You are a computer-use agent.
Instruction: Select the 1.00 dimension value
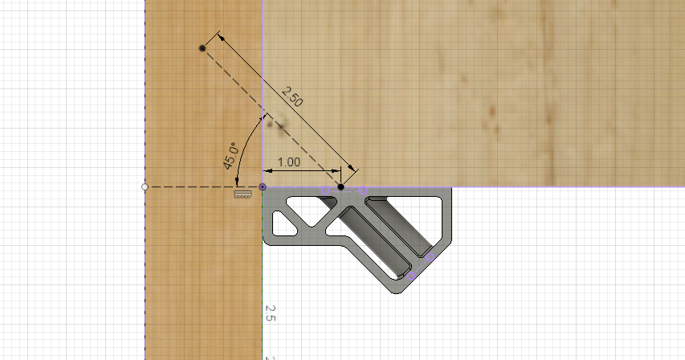pyautogui.click(x=288, y=162)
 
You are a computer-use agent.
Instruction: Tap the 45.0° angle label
pyautogui.click(x=230, y=156)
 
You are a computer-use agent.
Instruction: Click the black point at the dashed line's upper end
pyautogui.click(x=202, y=49)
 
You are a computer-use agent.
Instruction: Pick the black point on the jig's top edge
pyautogui.click(x=340, y=186)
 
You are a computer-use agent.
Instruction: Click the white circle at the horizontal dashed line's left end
pyautogui.click(x=145, y=186)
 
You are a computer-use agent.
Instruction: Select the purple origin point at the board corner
pyautogui.click(x=263, y=187)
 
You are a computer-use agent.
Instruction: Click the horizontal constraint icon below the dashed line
pyautogui.click(x=239, y=194)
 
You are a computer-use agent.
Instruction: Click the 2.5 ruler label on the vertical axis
pyautogui.click(x=271, y=313)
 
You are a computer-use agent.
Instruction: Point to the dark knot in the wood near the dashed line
pyautogui.click(x=281, y=125)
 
